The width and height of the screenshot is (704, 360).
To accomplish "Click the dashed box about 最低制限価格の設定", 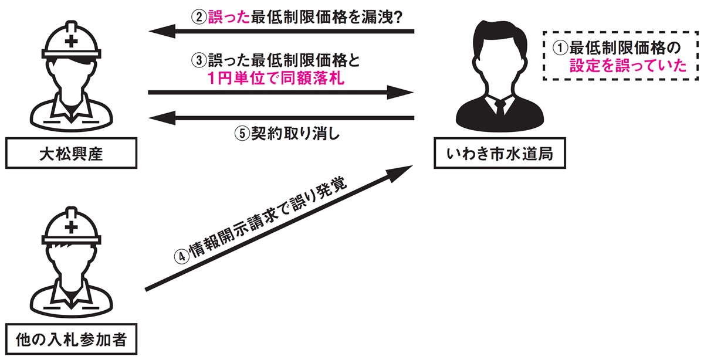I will pos(621,55).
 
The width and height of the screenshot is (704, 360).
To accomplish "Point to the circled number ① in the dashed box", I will pos(561,46).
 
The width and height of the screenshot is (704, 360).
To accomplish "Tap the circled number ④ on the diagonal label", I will pos(181,256).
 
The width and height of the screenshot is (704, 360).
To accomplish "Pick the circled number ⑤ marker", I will pos(242,133).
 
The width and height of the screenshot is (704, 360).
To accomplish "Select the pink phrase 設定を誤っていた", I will pos(628,65).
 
